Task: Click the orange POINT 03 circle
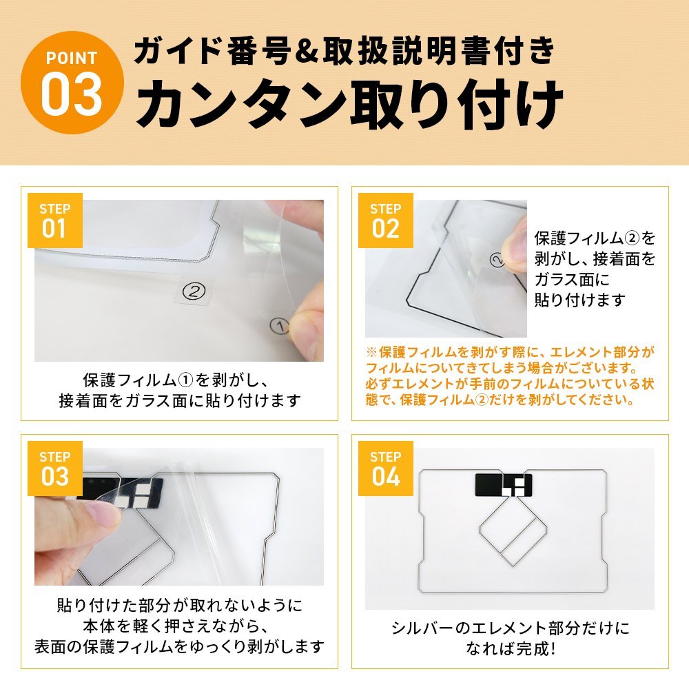pyautogui.click(x=72, y=83)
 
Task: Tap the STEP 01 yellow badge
pyautogui.click(x=55, y=220)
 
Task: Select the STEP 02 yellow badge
pyautogui.click(x=385, y=220)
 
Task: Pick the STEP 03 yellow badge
pyautogui.click(x=55, y=469)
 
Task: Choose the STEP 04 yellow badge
pyautogui.click(x=385, y=469)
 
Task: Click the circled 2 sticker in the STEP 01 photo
pyautogui.click(x=194, y=291)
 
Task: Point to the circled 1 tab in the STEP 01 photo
pyautogui.click(x=280, y=326)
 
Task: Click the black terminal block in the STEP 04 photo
pyautogui.click(x=504, y=484)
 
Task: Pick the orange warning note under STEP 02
pyautogui.click(x=510, y=376)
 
